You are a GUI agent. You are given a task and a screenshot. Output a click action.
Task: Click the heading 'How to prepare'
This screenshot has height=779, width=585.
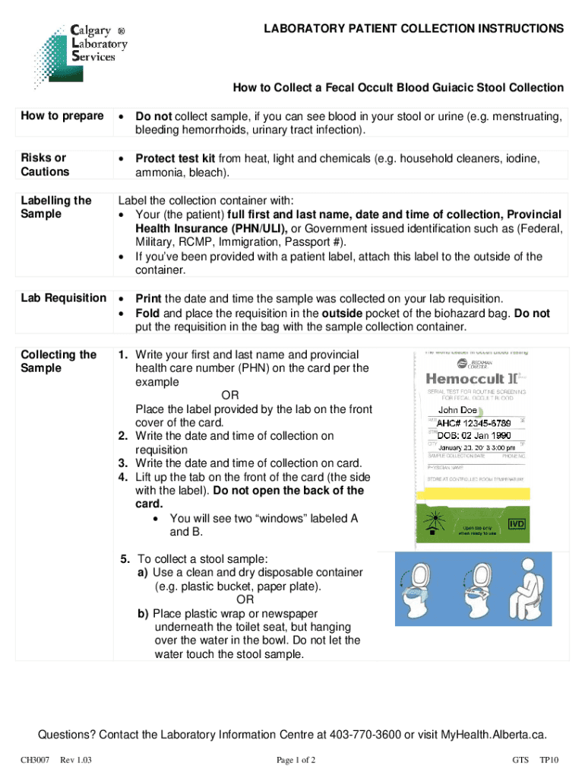click(62, 116)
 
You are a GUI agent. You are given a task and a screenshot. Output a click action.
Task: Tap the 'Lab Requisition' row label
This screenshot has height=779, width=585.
click(64, 297)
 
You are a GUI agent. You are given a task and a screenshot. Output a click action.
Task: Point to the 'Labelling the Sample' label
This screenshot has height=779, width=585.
click(56, 207)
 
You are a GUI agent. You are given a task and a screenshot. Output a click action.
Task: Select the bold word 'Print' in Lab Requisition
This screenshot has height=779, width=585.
click(148, 297)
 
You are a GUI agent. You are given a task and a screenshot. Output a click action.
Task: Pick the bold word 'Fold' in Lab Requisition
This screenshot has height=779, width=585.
click(147, 313)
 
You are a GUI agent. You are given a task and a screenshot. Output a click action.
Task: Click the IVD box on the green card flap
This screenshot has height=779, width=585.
click(516, 523)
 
